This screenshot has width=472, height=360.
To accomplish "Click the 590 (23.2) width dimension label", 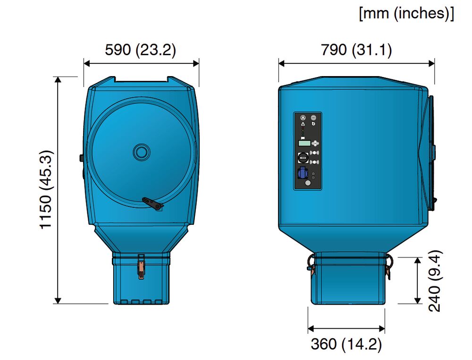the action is [140, 50].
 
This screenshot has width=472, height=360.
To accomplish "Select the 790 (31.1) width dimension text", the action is [356, 50].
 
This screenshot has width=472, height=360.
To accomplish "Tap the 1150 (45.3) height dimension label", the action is [46, 189].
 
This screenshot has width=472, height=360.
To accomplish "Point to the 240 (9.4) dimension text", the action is [435, 281].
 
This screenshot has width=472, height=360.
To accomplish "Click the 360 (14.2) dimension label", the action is [346, 344].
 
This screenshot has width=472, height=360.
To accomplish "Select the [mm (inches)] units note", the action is [406, 14].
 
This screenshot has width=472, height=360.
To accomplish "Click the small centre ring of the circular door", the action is [141, 152].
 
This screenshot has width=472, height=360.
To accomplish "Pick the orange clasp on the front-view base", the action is [141, 268].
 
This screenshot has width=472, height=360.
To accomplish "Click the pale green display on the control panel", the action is [304, 143].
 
